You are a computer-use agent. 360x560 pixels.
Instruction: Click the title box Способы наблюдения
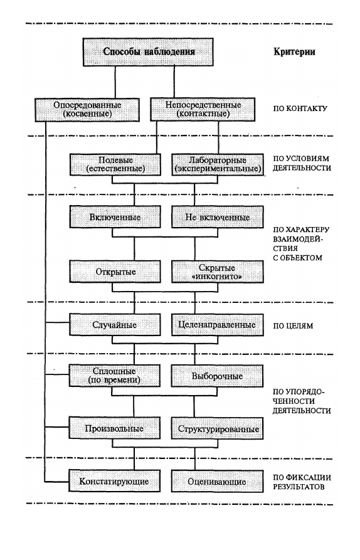click(148, 52)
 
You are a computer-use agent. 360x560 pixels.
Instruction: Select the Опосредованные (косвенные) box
click(87, 110)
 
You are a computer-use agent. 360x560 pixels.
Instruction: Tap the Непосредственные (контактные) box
click(203, 109)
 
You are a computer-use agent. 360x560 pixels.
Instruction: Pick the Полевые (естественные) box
click(115, 165)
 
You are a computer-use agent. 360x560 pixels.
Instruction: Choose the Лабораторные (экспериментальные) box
click(218, 165)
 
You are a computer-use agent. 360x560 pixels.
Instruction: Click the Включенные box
click(115, 217)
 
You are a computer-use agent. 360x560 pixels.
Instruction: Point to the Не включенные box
click(218, 217)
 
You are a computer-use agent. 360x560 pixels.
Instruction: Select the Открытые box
click(115, 272)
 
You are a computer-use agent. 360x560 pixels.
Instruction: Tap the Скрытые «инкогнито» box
click(218, 272)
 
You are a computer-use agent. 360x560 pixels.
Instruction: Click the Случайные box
click(115, 325)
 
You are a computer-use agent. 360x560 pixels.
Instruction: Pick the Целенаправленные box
click(218, 325)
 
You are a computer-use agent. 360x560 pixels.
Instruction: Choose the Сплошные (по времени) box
click(115, 376)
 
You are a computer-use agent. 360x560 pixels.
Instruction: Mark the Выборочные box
click(217, 376)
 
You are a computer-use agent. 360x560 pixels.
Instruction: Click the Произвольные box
click(115, 428)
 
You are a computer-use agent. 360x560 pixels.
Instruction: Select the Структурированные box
click(217, 428)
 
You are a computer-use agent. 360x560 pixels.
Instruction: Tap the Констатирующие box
click(115, 481)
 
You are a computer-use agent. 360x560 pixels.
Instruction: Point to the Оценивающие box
click(217, 481)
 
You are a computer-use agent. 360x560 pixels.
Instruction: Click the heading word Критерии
click(294, 52)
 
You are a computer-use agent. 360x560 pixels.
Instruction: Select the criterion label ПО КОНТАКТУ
click(300, 108)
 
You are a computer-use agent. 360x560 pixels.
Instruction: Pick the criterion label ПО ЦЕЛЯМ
click(293, 325)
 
